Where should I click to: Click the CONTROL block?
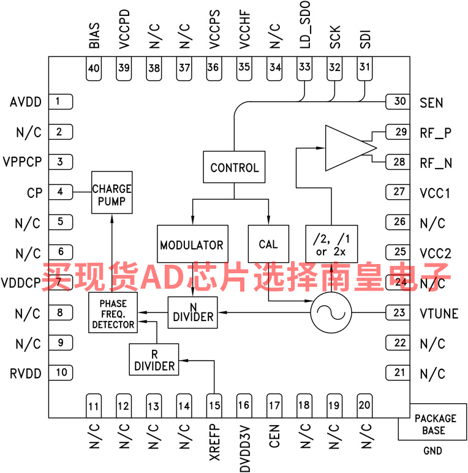234,167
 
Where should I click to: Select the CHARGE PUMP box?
111,192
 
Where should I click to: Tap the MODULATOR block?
192,244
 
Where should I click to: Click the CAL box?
268,244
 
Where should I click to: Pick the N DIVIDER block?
193,311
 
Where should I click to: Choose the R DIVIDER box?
154,360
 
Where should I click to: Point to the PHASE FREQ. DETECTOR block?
113,312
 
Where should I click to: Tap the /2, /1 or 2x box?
331,244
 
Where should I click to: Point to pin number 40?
94,68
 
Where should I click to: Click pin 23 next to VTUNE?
399,313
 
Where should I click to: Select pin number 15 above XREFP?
214,404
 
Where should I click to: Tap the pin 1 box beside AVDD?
59,102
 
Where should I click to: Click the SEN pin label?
431,102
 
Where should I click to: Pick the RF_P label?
436,133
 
